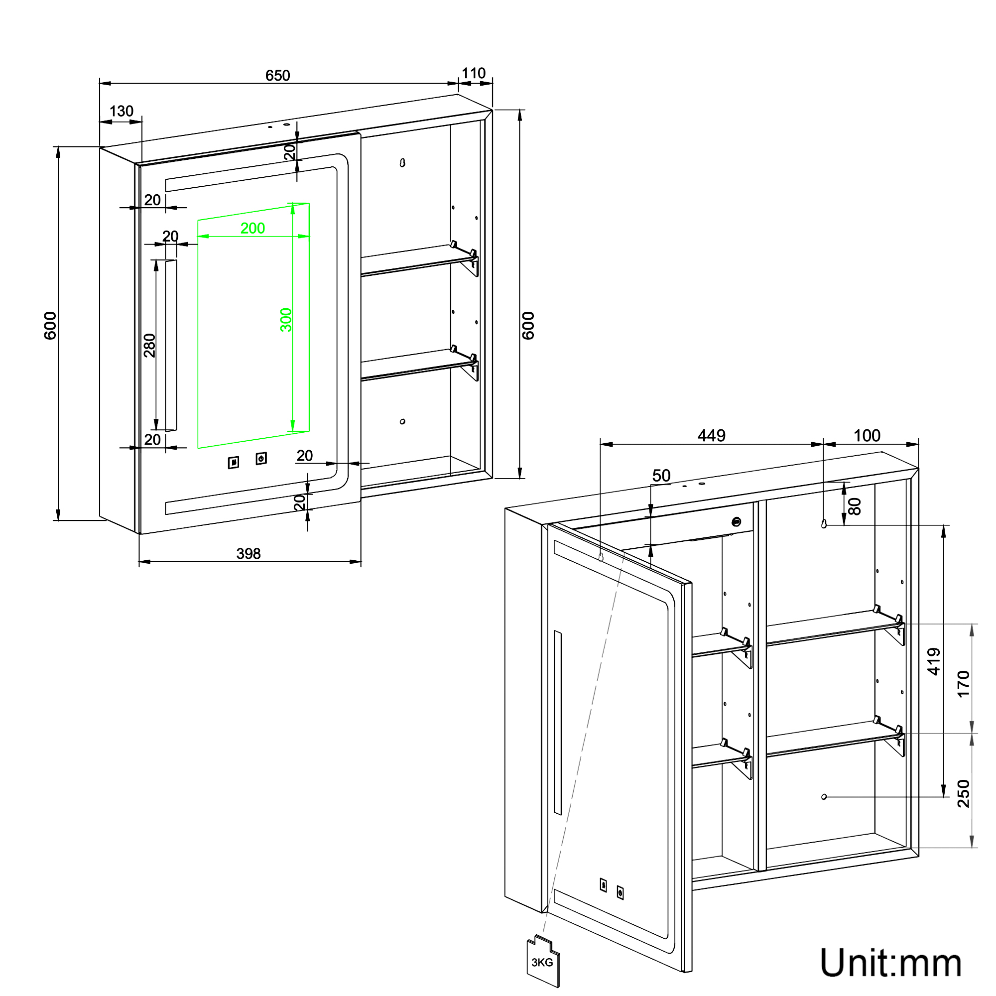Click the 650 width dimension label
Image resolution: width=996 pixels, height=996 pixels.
[x=277, y=76]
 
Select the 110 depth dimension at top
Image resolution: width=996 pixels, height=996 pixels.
[x=473, y=73]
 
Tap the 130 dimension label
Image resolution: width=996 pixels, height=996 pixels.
[x=121, y=111]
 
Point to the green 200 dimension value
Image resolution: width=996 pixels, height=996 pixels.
[x=252, y=228]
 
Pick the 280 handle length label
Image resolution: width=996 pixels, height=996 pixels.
[x=149, y=345]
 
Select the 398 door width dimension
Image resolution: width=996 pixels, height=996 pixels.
[x=249, y=553]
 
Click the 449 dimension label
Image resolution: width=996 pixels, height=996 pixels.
[x=712, y=436]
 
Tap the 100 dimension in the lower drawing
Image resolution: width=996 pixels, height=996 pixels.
[x=867, y=436]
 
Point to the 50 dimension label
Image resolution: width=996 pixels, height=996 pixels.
[x=661, y=475]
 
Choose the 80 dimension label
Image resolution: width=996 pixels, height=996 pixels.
[x=855, y=506]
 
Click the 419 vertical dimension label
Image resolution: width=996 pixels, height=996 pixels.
[x=934, y=661]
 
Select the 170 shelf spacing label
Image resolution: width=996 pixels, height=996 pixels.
[x=963, y=684]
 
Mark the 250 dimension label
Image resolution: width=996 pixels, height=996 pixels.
[x=963, y=793]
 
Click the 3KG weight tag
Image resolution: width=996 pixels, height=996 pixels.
[x=543, y=962]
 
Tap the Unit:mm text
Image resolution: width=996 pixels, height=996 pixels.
[x=890, y=963]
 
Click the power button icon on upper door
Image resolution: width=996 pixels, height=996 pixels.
[x=261, y=458]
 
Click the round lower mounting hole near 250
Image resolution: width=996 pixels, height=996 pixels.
[x=824, y=796]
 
